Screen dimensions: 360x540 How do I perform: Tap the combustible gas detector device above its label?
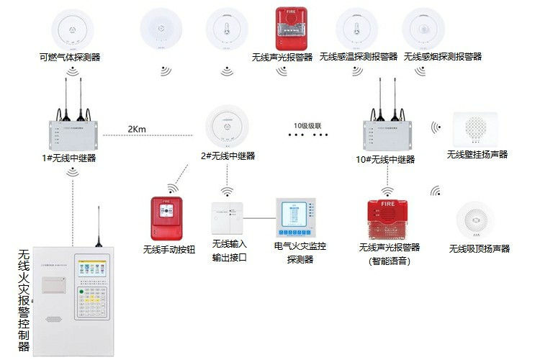[x=70, y=27]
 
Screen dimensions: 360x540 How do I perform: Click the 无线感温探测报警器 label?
[x=359, y=56]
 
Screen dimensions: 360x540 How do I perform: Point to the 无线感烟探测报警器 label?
[x=443, y=56]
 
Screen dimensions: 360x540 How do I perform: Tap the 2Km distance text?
[x=137, y=129]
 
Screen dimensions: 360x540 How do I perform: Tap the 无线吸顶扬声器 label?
[x=479, y=248]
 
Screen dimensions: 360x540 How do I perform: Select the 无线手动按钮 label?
[x=170, y=250]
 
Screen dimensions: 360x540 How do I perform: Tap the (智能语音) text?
[x=389, y=261]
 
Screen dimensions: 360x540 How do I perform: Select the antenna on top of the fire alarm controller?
[x=99, y=225]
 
